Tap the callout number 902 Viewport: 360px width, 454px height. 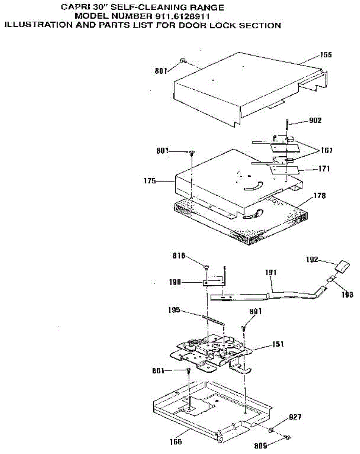[315, 121]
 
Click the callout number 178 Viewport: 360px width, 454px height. [320, 196]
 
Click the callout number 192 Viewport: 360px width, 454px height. [312, 260]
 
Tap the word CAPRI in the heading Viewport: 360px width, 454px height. [74, 7]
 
